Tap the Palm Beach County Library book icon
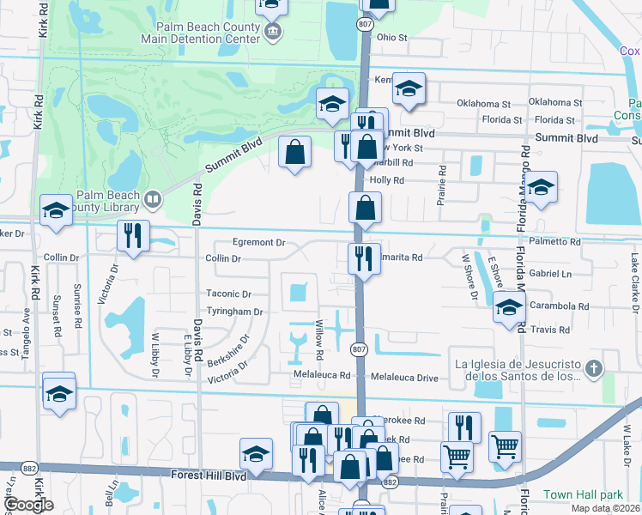[x=152, y=200]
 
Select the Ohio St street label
[x=391, y=38]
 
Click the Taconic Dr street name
[x=228, y=294]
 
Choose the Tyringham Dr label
[x=233, y=312]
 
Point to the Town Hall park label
[x=583, y=495]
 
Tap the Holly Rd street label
[x=386, y=180]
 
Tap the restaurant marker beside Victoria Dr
[x=133, y=237]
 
